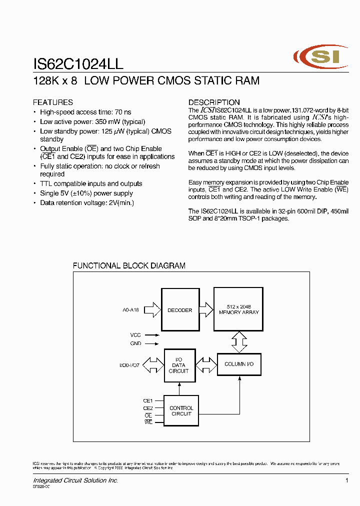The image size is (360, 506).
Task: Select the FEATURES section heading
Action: (x=52, y=102)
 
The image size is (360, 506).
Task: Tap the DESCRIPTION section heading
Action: (x=214, y=102)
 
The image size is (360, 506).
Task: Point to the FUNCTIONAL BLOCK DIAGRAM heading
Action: (x=129, y=266)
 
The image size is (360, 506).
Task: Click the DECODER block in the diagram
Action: (x=179, y=310)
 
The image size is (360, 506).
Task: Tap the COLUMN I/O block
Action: (x=239, y=364)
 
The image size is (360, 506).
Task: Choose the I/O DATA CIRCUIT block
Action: (x=178, y=365)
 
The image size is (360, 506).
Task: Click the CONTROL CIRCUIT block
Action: (x=181, y=411)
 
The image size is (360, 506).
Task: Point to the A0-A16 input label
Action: (x=130, y=310)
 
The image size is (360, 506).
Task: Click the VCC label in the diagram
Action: (x=135, y=335)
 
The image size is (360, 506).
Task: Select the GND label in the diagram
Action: (x=135, y=343)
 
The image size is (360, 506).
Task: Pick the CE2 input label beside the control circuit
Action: (x=147, y=408)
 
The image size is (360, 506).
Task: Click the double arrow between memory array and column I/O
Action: (x=239, y=342)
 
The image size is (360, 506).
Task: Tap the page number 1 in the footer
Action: (x=346, y=480)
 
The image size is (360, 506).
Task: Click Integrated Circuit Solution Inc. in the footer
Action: (x=75, y=480)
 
